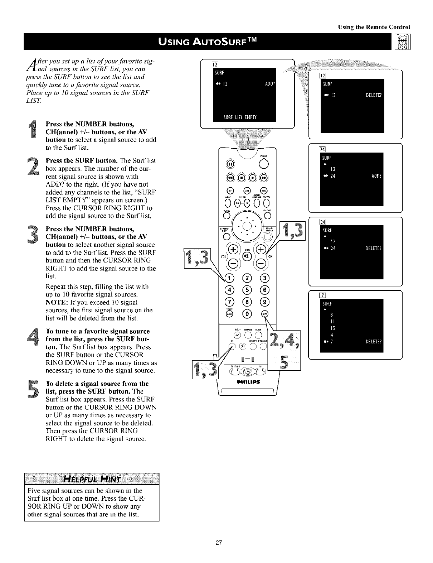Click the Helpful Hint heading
click(x=92, y=479)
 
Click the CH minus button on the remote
click(x=261, y=264)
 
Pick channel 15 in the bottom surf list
click(x=332, y=328)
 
